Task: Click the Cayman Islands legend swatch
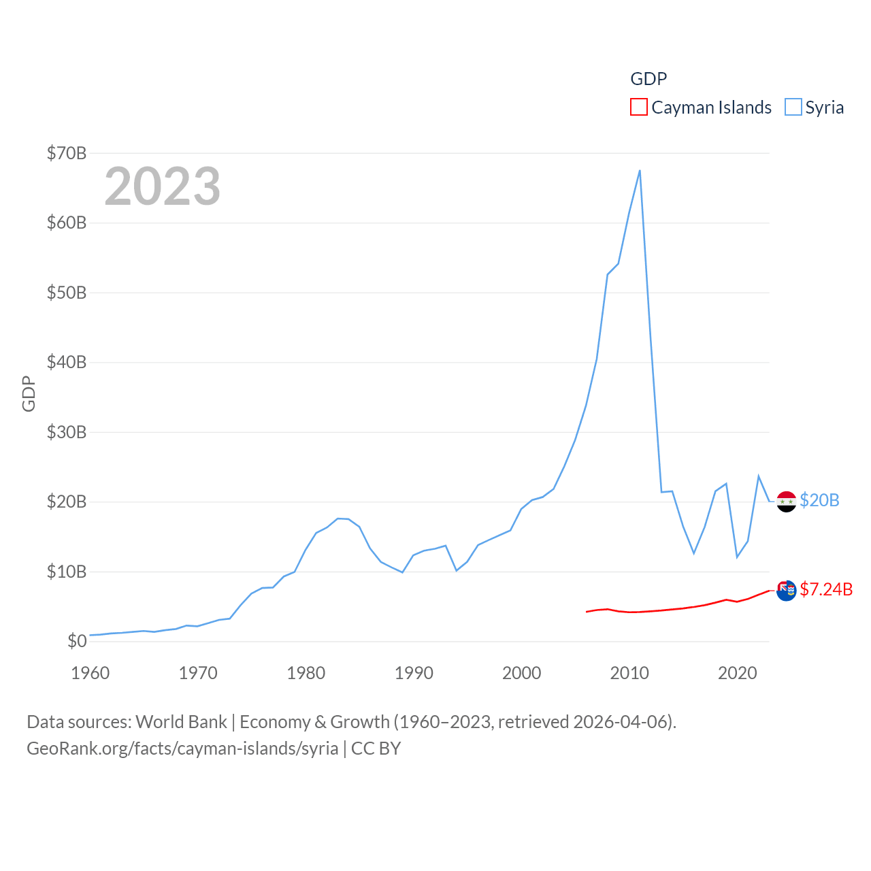click(x=638, y=108)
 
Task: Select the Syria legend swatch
click(x=793, y=108)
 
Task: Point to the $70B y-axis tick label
click(x=67, y=153)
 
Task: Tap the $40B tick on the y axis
click(x=67, y=362)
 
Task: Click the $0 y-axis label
click(x=77, y=641)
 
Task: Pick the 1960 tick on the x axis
click(x=91, y=673)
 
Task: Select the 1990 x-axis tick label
click(x=414, y=673)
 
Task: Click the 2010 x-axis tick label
click(x=629, y=673)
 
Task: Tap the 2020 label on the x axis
click(x=737, y=673)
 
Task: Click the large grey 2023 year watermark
click(x=162, y=186)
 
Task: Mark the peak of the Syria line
click(x=640, y=170)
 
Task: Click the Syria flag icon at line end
click(x=786, y=502)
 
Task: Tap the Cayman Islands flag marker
click(x=786, y=590)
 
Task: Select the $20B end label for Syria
click(x=819, y=500)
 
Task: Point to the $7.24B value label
click(x=826, y=589)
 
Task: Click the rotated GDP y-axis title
click(x=29, y=393)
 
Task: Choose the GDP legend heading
click(x=648, y=79)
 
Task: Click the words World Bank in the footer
click(x=181, y=721)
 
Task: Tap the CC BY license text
click(x=376, y=749)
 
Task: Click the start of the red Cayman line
click(x=587, y=612)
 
